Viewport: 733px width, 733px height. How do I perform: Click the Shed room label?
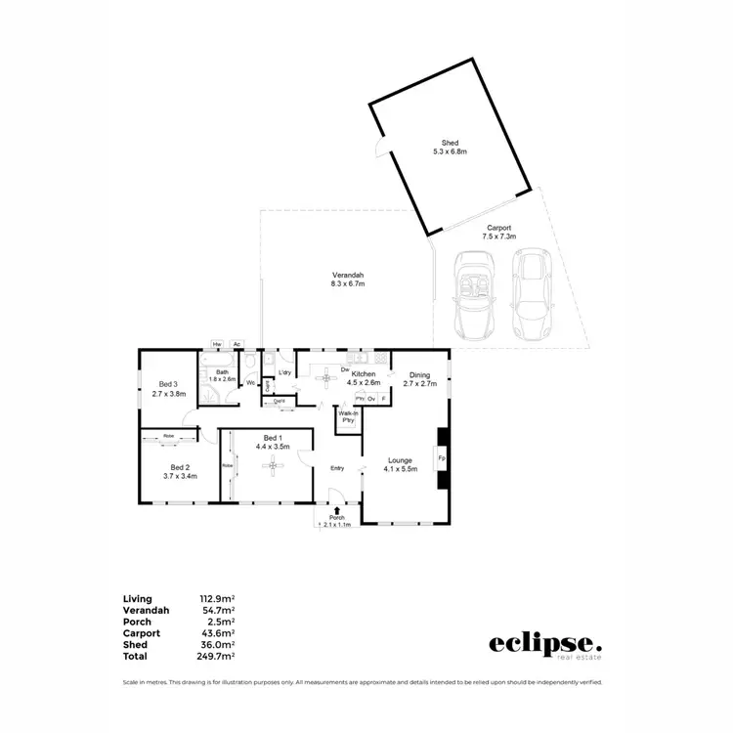(x=450, y=143)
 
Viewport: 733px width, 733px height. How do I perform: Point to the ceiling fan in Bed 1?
(x=275, y=466)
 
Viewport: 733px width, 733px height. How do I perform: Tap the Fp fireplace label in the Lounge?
(x=441, y=458)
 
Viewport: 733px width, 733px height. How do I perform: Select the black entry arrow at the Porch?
(x=337, y=510)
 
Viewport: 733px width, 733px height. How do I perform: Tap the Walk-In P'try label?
(x=347, y=417)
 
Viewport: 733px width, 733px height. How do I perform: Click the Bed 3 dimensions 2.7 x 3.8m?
(x=168, y=393)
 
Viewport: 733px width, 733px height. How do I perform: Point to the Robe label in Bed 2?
(x=168, y=435)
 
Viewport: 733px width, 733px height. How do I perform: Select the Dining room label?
(x=419, y=374)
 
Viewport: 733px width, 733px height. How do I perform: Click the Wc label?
(x=251, y=383)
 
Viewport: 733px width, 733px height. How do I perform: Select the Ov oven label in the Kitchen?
(x=371, y=399)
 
